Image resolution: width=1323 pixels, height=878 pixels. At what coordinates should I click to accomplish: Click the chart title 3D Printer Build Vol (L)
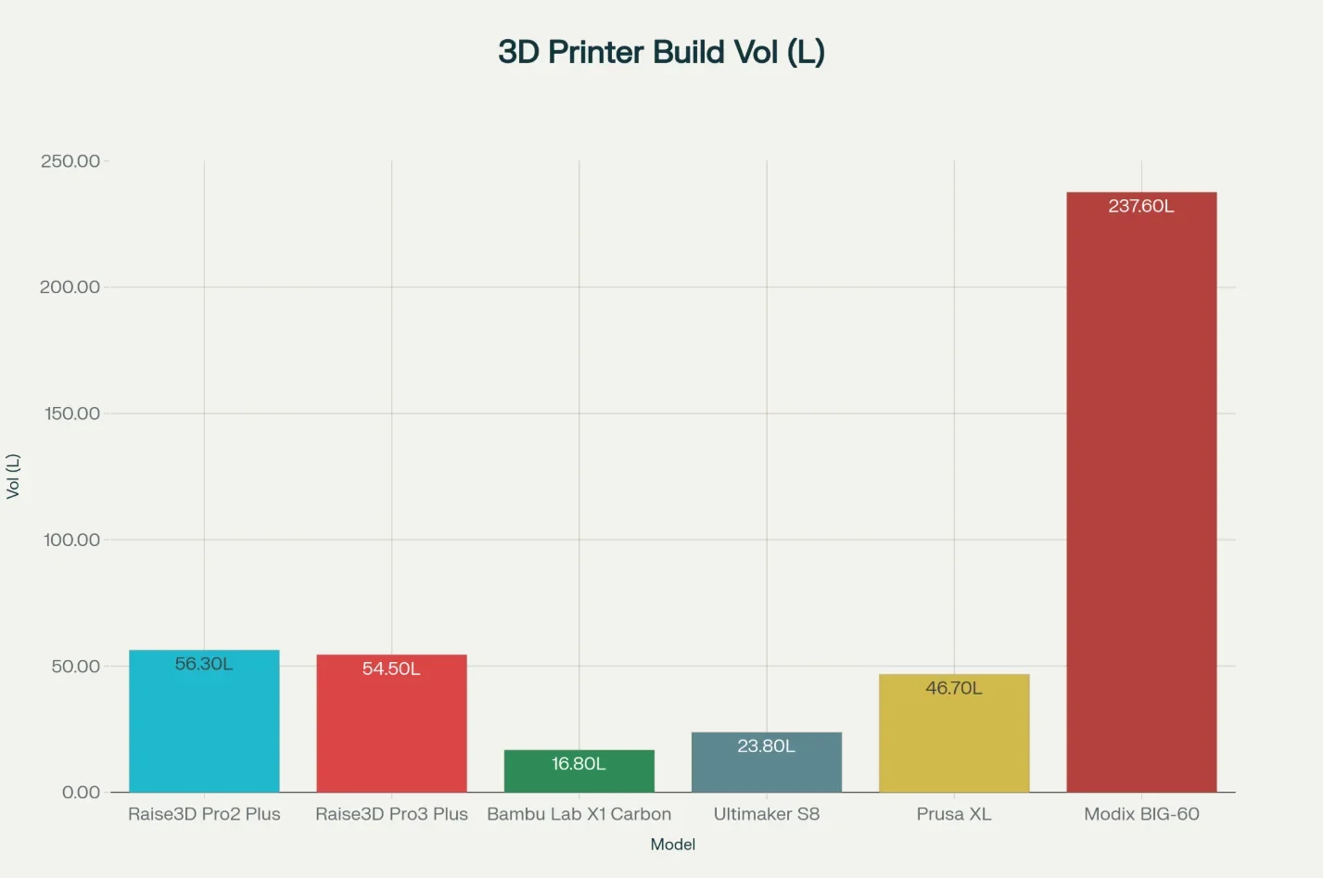click(661, 52)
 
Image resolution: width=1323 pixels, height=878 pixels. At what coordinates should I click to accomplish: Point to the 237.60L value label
click(1141, 206)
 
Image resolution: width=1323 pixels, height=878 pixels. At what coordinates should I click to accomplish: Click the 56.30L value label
click(204, 664)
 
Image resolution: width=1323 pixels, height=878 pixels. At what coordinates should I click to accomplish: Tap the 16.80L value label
click(579, 764)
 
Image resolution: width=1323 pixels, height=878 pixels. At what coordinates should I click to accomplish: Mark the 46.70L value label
click(954, 688)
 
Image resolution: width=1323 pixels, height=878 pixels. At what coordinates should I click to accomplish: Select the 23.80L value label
click(766, 746)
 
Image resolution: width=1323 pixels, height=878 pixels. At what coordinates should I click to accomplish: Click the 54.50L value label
click(391, 668)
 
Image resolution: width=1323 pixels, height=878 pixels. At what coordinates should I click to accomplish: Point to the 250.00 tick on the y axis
click(70, 161)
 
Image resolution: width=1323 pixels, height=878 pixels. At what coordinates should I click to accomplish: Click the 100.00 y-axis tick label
click(71, 540)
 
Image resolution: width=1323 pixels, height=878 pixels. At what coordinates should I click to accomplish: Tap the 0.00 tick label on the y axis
click(81, 792)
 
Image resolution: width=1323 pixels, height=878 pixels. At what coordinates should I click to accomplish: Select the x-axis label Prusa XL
click(954, 814)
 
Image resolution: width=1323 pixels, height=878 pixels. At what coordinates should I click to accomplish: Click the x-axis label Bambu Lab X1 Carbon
click(579, 814)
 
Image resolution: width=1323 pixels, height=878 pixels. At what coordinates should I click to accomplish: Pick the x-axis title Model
click(673, 845)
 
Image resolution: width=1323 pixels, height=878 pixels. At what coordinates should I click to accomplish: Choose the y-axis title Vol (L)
click(13, 477)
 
